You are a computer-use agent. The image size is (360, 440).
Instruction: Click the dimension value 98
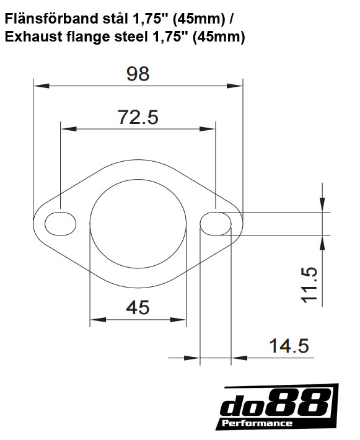coord(138,74)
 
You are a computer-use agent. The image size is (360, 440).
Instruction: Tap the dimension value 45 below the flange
coord(138,307)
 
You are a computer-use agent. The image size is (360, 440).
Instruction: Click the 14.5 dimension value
coord(288,346)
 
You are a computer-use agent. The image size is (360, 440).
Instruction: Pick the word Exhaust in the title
coord(29,38)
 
